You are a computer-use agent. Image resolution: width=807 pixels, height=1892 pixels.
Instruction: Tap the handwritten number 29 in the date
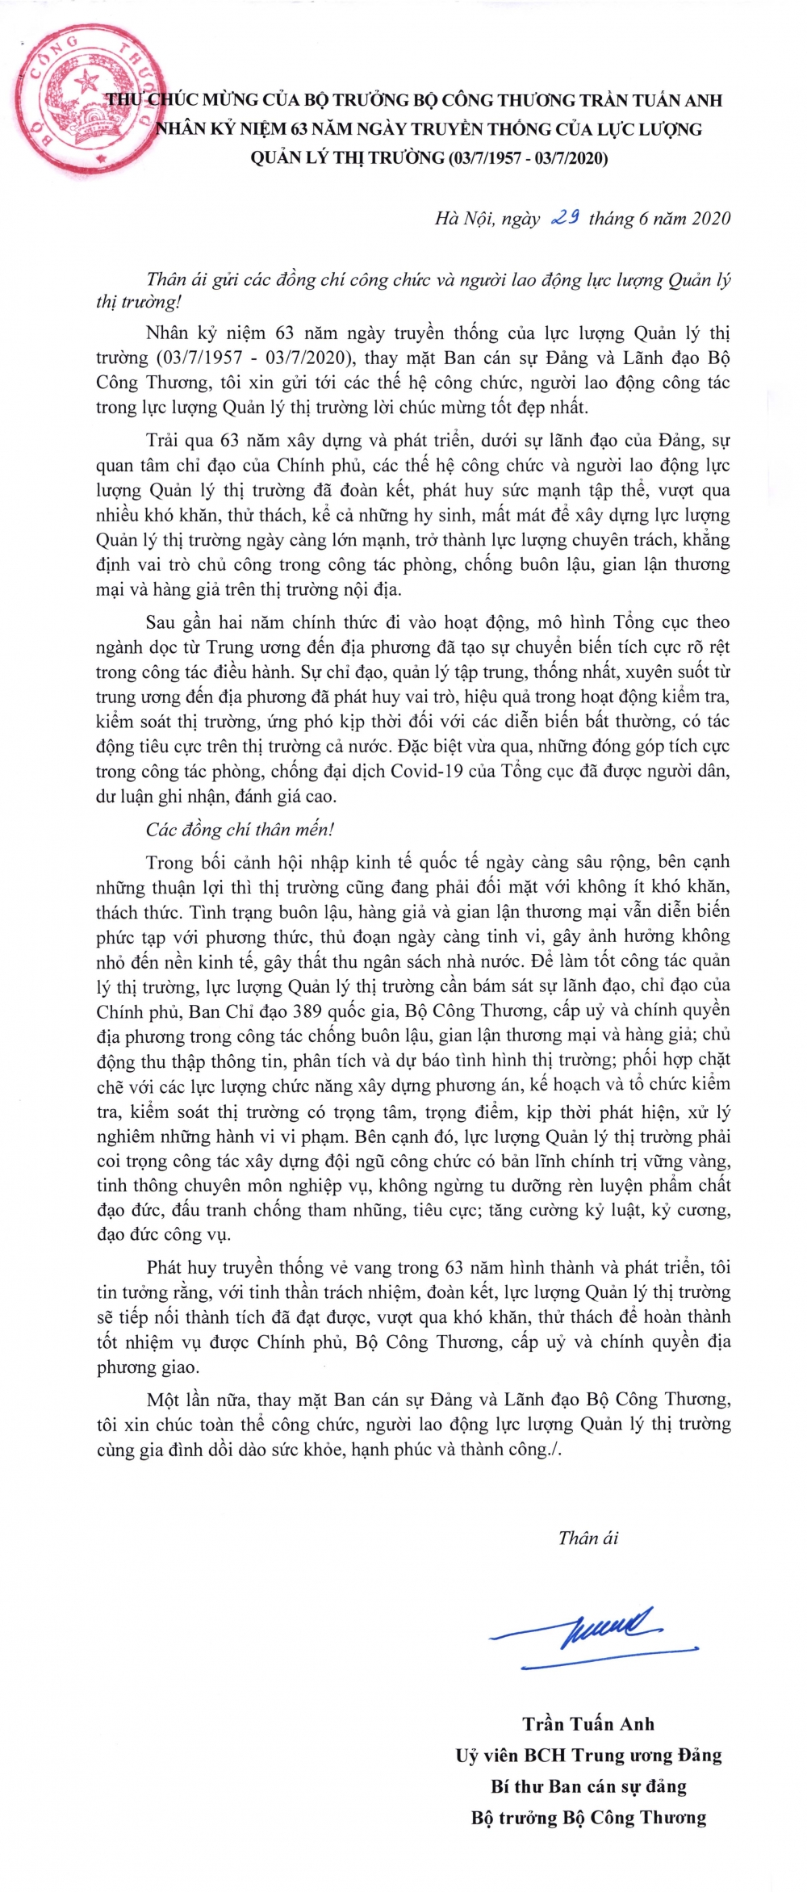(566, 217)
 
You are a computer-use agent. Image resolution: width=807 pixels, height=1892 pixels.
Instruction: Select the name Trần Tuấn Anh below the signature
(588, 1724)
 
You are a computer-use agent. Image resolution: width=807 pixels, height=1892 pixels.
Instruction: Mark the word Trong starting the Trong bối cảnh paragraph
(170, 862)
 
